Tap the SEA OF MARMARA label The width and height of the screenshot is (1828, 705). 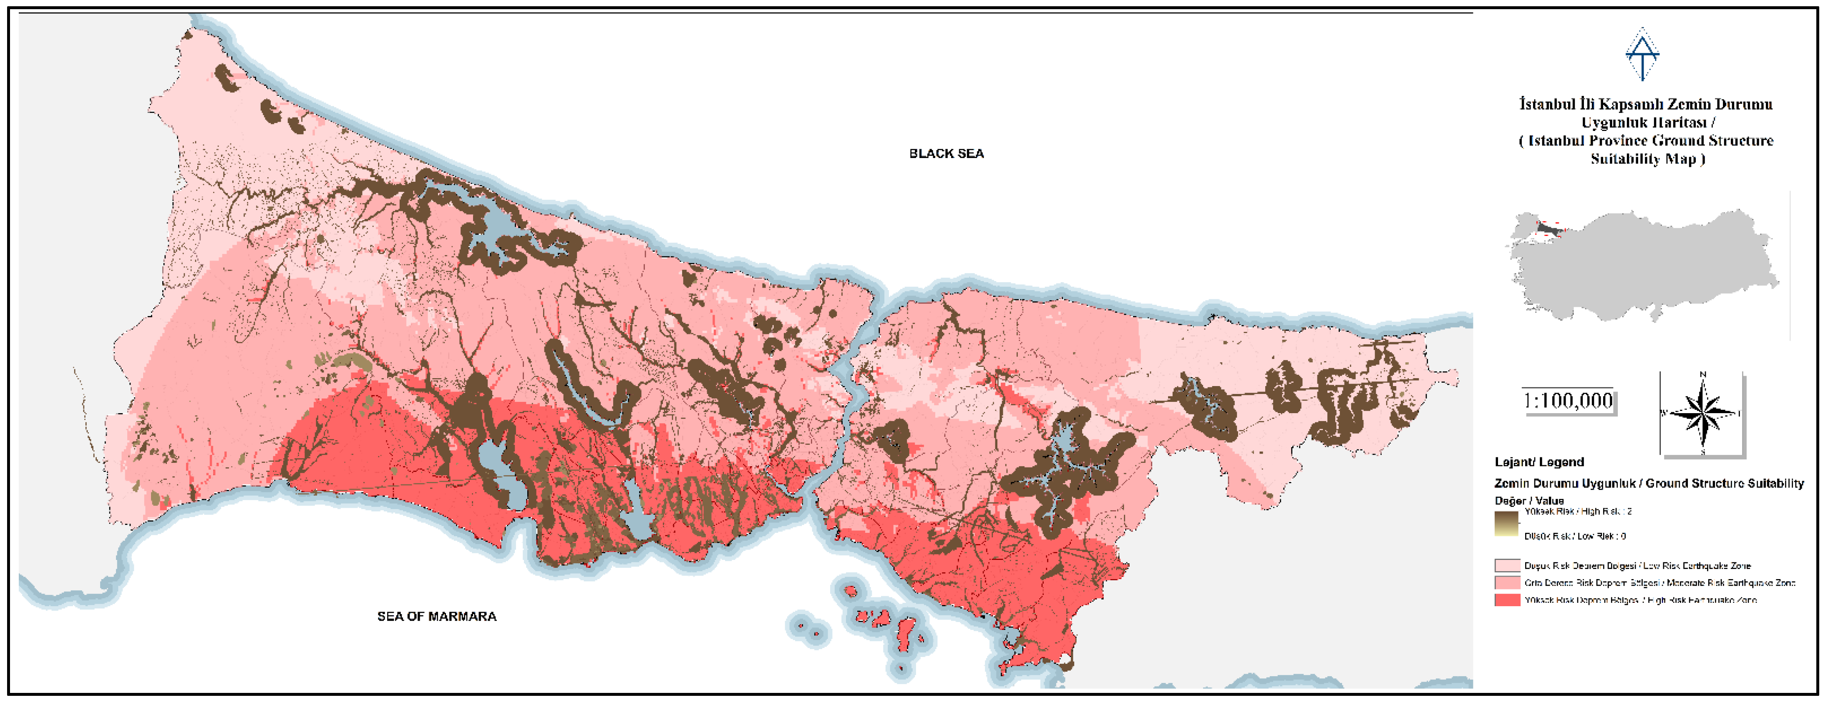pyautogui.click(x=436, y=616)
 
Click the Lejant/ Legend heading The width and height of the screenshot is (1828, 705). pyautogui.click(x=1538, y=462)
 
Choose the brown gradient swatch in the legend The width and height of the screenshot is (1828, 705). pyautogui.click(x=1506, y=523)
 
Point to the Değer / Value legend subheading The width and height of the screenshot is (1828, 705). pyautogui.click(x=1528, y=501)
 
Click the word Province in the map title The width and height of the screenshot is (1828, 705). pyautogui.click(x=1614, y=140)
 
